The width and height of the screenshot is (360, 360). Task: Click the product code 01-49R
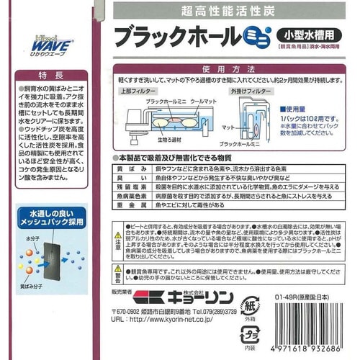coord(287,294)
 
